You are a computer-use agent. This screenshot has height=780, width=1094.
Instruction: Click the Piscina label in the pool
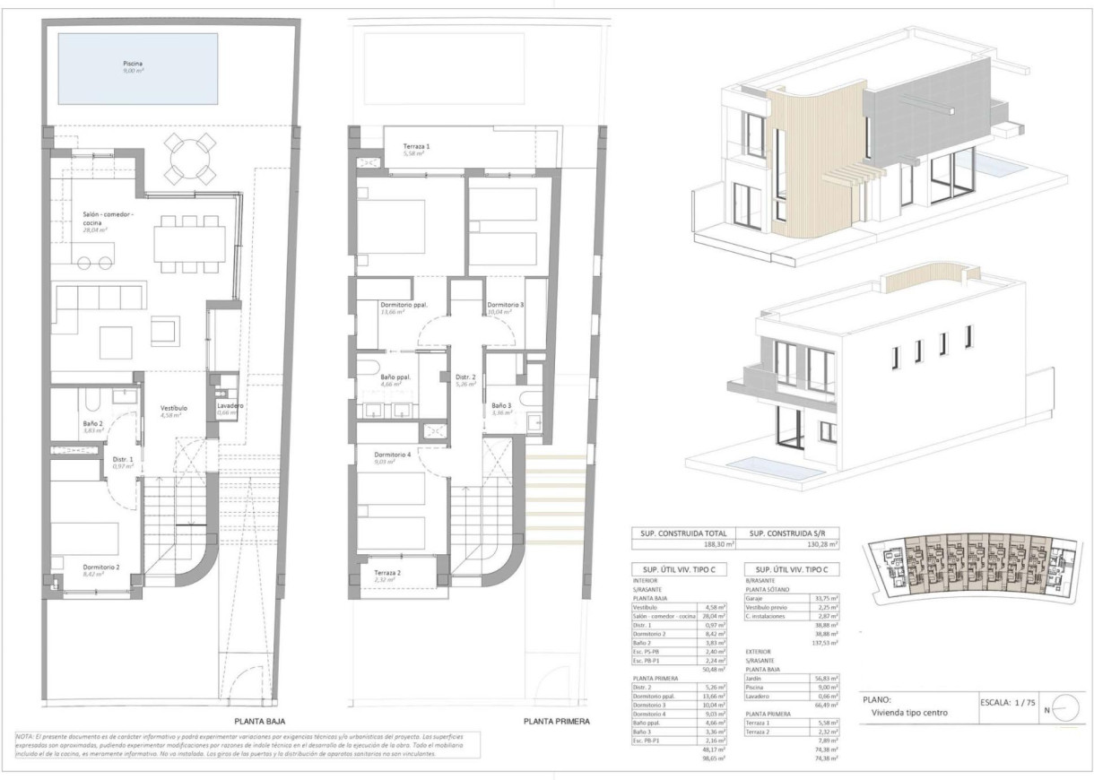133,64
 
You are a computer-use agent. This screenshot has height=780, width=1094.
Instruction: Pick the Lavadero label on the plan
231,406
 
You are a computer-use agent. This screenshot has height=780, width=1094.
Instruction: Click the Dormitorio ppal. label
404,306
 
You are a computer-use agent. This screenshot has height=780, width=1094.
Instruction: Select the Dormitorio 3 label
506,306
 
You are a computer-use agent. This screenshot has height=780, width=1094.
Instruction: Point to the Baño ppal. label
395,377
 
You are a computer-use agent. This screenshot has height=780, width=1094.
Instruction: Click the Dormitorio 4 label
393,455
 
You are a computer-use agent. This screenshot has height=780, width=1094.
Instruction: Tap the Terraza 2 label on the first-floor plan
387,573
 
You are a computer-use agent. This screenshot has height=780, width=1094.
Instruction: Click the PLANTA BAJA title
260,719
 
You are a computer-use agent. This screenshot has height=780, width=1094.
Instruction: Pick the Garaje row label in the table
758,598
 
